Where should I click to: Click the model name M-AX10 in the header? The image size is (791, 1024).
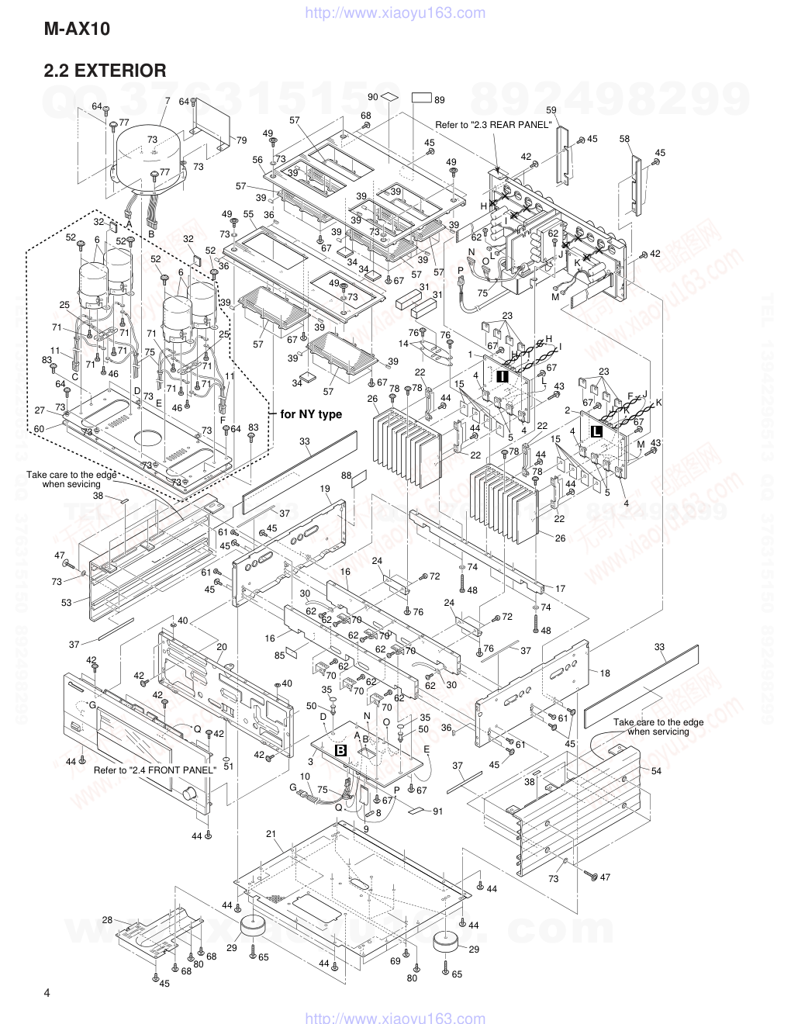[78, 30]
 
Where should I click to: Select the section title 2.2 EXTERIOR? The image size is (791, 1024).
[105, 71]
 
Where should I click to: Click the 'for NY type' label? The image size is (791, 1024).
[310, 414]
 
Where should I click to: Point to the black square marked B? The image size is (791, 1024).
[340, 750]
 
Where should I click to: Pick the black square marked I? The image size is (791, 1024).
[502, 375]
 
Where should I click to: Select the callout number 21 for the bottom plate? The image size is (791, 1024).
[271, 834]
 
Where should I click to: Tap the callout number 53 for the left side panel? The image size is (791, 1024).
[67, 602]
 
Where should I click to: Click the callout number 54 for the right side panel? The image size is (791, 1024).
[656, 770]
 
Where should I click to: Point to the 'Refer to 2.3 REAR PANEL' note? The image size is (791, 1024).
[494, 124]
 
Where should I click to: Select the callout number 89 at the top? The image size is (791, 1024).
[439, 99]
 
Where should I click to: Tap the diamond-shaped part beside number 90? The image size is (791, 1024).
[389, 97]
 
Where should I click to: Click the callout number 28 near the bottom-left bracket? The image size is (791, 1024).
[107, 920]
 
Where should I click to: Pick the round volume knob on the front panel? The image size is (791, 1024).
[188, 795]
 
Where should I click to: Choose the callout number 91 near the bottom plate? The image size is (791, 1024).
[437, 811]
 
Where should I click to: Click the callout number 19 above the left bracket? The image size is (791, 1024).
[324, 489]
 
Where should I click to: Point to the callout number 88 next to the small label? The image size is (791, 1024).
[346, 476]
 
